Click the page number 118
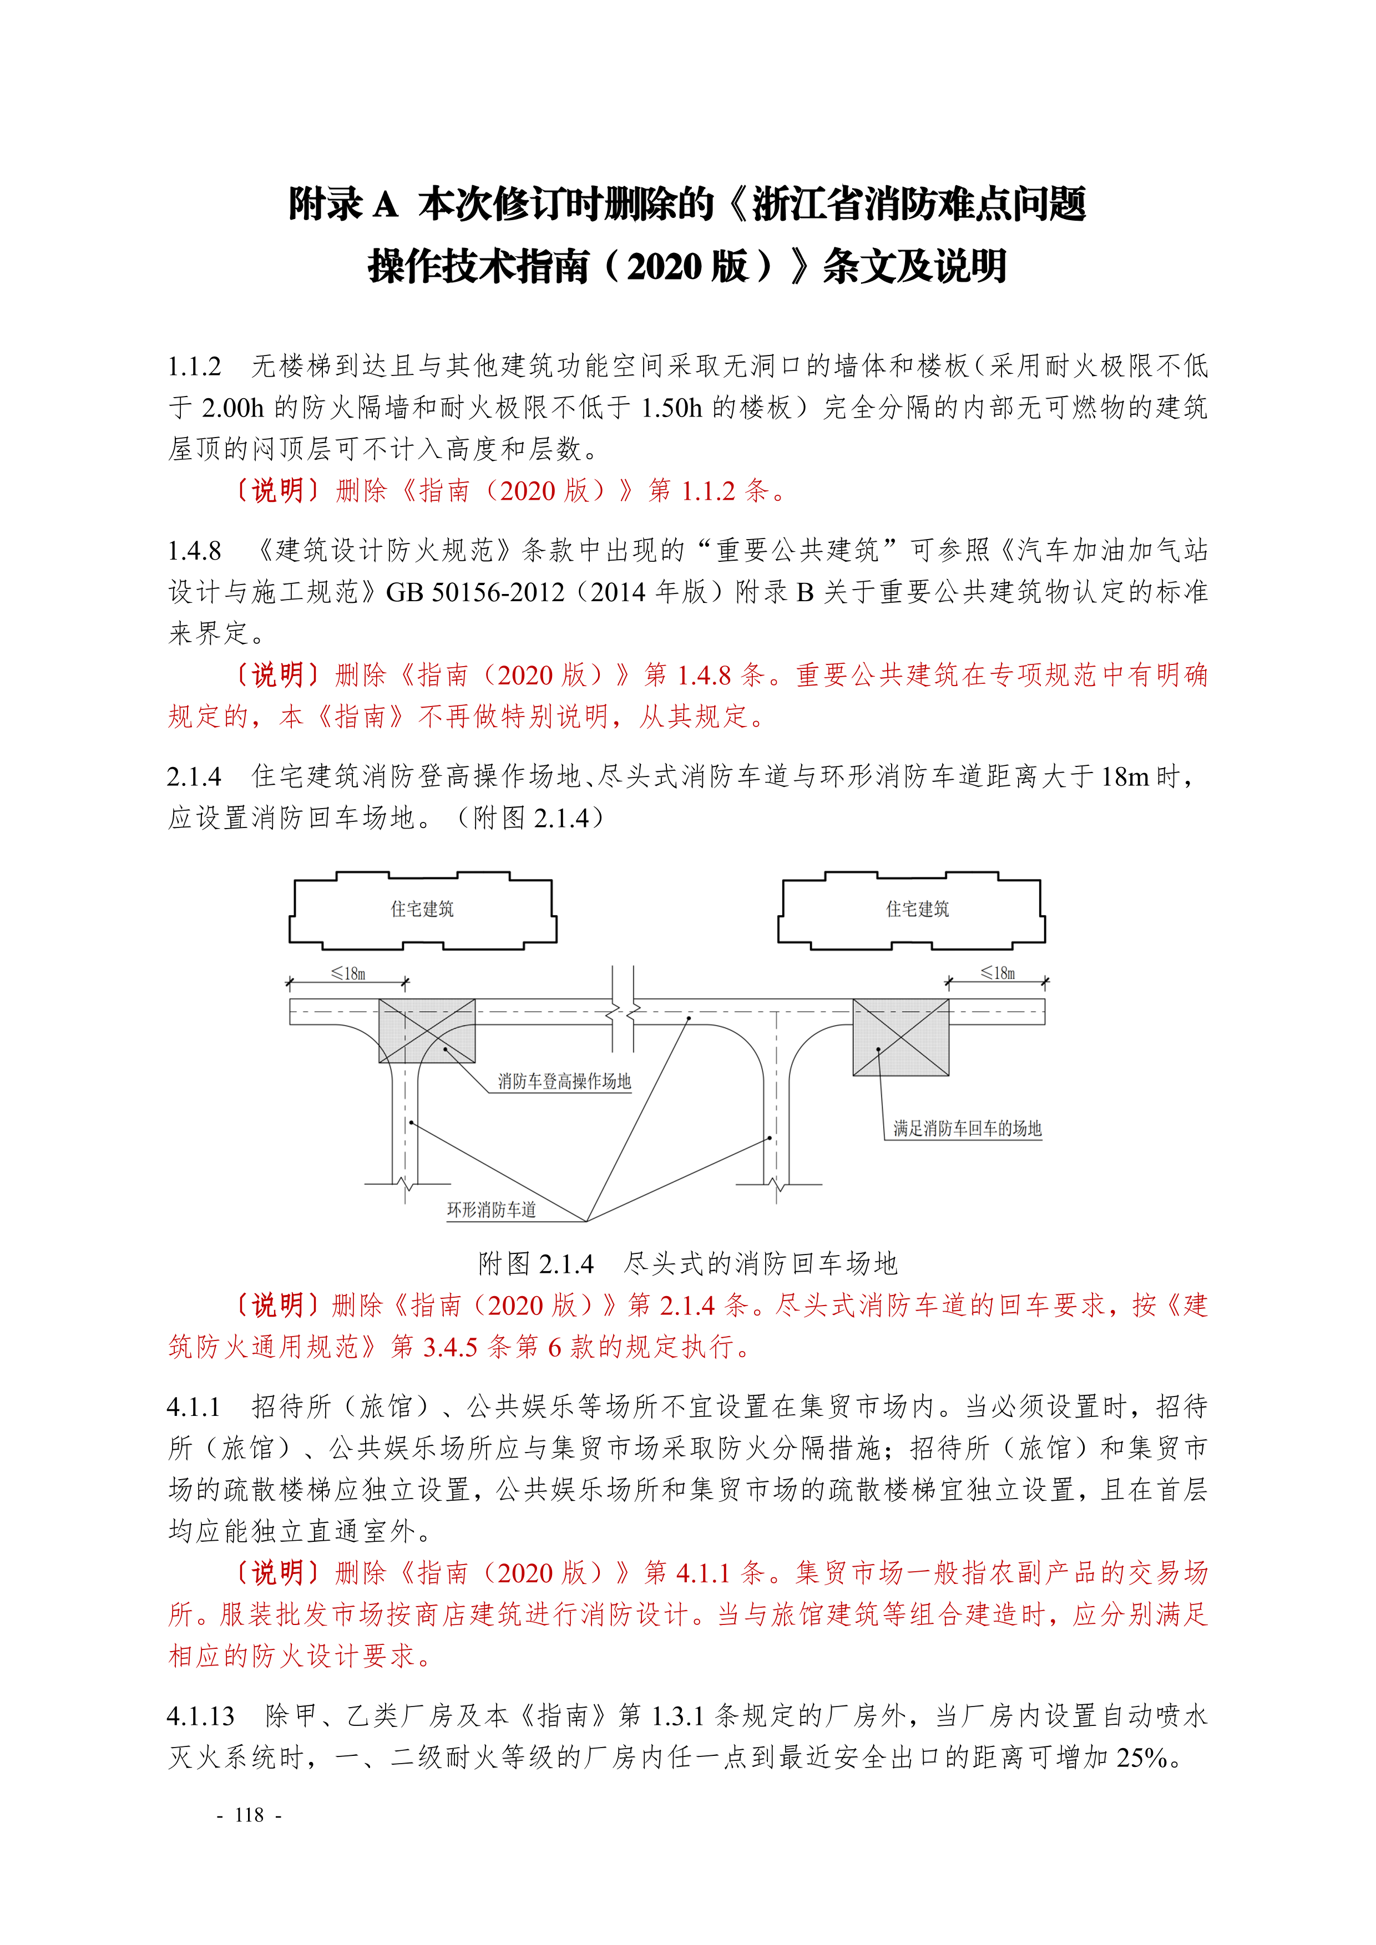point(249,1815)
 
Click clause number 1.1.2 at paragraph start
point(194,367)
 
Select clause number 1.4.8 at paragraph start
point(194,551)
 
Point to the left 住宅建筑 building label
point(422,909)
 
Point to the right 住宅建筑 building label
point(918,909)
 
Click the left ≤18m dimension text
point(348,973)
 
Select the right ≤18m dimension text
point(998,973)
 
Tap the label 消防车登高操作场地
point(564,1082)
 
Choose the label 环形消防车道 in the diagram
point(492,1210)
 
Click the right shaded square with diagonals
point(901,1038)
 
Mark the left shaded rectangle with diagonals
point(426,1030)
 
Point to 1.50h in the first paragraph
point(672,408)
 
